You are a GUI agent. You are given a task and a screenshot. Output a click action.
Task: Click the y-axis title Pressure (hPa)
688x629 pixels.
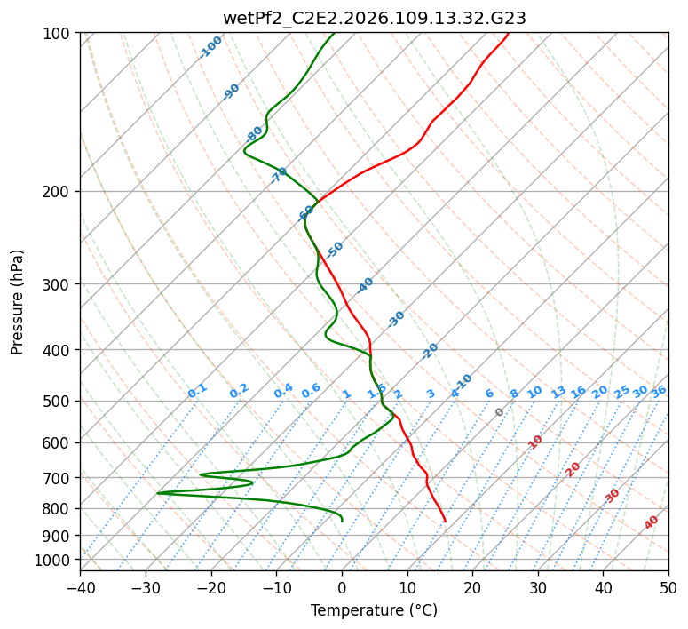(x=18, y=301)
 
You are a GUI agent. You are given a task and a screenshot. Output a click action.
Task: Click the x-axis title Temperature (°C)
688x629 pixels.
(x=374, y=610)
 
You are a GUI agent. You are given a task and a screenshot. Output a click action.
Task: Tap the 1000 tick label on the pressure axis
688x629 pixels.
(x=55, y=560)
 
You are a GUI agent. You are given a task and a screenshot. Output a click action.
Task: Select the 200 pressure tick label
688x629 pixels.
(x=59, y=191)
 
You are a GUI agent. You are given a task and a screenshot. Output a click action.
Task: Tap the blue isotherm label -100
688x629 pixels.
(x=210, y=47)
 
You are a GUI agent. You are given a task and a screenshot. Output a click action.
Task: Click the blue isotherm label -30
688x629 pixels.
(x=396, y=319)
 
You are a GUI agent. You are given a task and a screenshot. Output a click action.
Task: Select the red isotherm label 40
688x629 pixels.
(x=652, y=522)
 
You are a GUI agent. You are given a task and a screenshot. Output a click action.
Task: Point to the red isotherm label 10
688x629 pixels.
(x=535, y=442)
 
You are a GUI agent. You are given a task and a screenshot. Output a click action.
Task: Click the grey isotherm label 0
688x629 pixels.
(x=500, y=412)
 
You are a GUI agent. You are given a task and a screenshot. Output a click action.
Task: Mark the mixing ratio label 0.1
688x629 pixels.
(x=197, y=391)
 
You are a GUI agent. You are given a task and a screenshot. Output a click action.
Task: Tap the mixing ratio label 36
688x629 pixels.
(x=659, y=391)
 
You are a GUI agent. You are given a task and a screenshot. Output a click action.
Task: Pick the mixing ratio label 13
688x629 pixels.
(x=558, y=392)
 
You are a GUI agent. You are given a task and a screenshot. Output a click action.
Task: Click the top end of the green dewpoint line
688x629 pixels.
(x=335, y=33)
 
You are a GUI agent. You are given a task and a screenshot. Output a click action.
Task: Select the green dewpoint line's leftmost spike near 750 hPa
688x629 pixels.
(x=157, y=492)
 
